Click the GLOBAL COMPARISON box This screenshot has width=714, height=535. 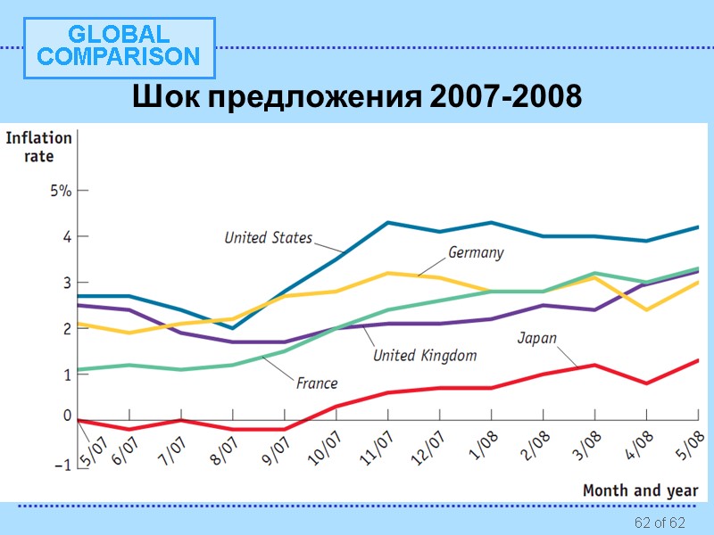click(119, 46)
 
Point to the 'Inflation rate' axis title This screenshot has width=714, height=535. click(38, 147)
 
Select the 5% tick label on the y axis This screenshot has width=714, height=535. click(61, 191)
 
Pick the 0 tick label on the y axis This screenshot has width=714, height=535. click(66, 416)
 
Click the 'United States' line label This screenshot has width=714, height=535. click(268, 237)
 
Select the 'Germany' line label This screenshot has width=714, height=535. click(475, 252)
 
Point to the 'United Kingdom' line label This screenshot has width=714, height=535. click(424, 355)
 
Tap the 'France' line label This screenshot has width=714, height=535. click(317, 383)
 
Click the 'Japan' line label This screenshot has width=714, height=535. click(537, 338)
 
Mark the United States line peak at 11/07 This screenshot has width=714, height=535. click(387, 223)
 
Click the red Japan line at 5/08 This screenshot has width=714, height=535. click(697, 360)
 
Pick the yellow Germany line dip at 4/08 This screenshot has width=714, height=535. click(645, 309)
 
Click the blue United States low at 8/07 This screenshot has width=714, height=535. click(233, 327)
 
